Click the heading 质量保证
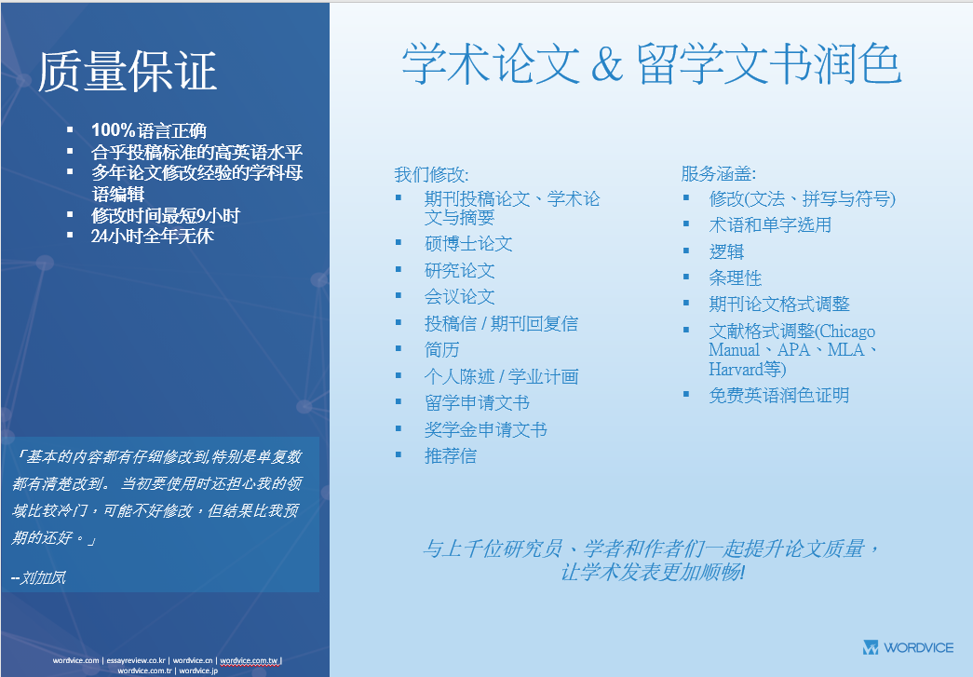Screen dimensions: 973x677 128,72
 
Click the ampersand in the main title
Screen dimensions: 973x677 607,64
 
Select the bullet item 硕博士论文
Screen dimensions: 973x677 468,244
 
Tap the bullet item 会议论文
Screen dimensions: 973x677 460,297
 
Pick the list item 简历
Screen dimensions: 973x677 442,350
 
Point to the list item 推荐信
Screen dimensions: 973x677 451,456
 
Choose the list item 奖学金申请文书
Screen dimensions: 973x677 486,429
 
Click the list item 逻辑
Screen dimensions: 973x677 726,252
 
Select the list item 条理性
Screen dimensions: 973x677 736,278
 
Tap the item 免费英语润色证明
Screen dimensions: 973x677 779,395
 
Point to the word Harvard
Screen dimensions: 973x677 736,369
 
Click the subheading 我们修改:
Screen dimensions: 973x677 432,174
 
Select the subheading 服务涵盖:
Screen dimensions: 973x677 719,174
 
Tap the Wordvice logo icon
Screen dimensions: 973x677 871,647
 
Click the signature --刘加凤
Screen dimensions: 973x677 38,577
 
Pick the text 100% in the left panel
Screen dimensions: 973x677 113,129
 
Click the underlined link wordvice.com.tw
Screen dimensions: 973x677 249,660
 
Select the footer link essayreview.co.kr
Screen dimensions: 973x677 136,660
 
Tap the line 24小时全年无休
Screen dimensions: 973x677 153,236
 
